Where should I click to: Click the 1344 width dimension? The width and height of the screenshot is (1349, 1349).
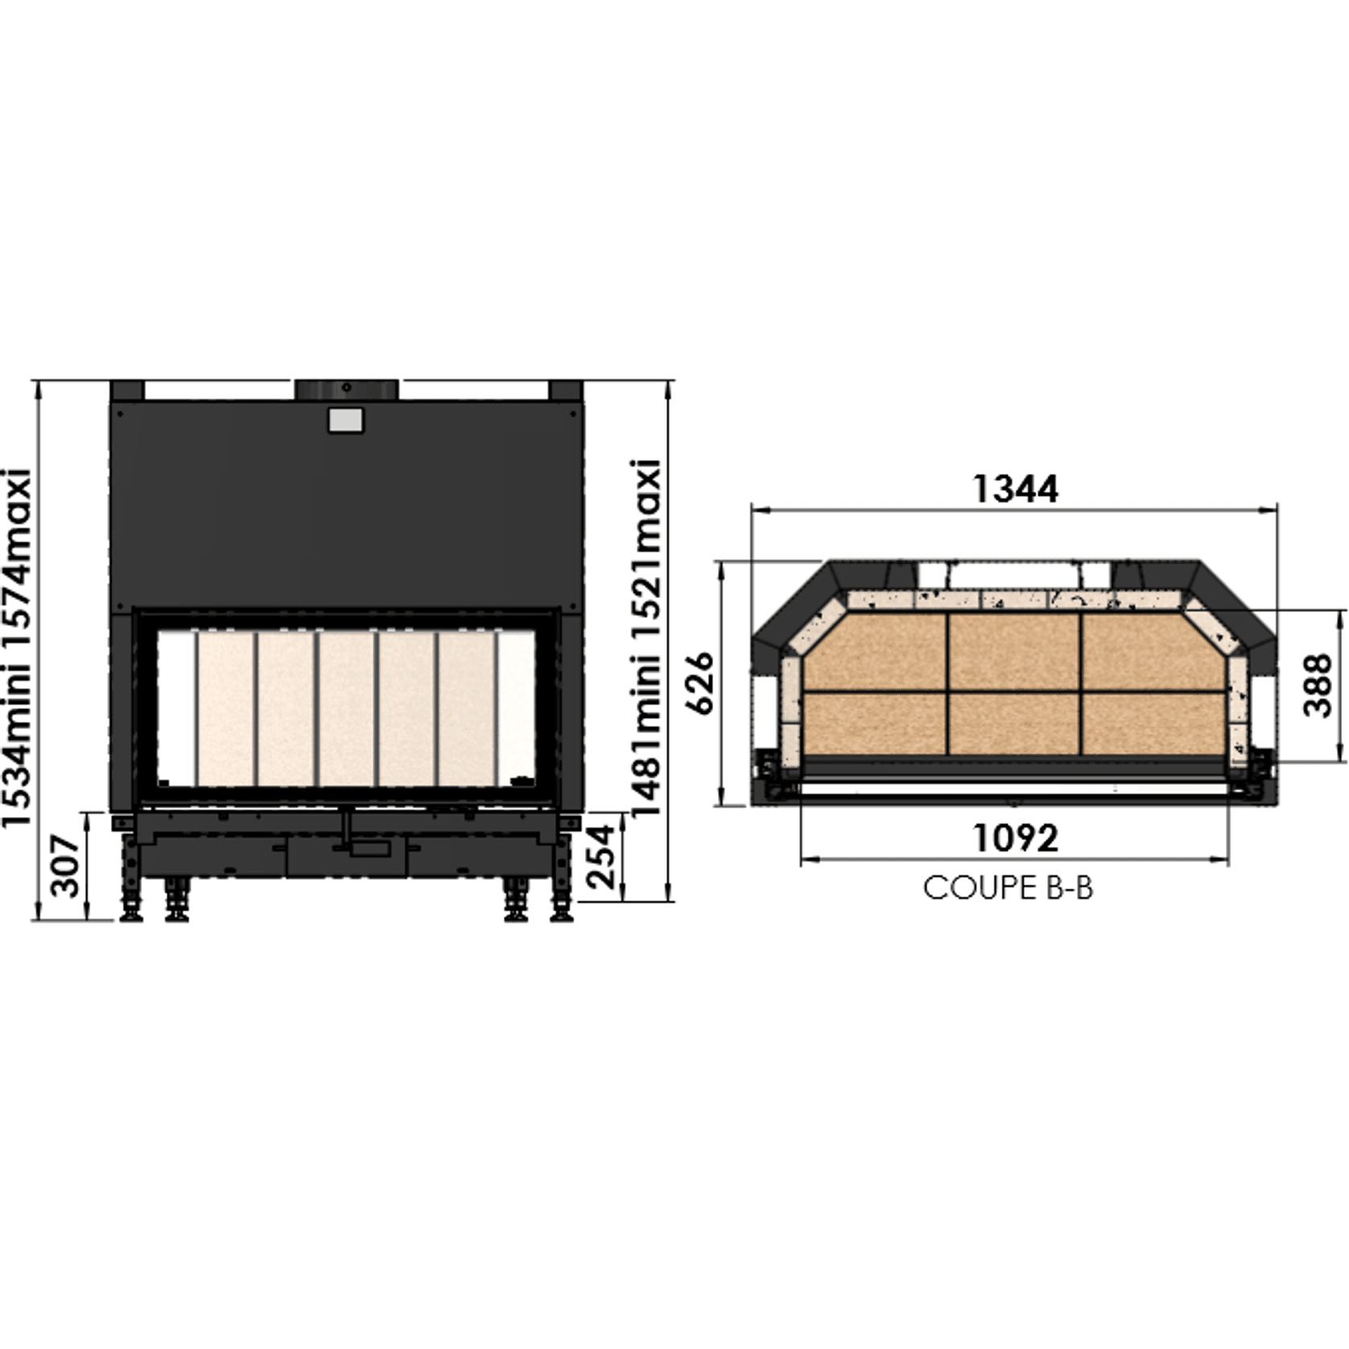pos(1015,489)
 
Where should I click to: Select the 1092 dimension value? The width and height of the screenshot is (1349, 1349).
pos(1015,838)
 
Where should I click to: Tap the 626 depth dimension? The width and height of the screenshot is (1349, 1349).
pos(701,683)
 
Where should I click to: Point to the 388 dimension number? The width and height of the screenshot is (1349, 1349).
pos(1318,685)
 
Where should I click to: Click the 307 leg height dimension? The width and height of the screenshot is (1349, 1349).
pos(66,866)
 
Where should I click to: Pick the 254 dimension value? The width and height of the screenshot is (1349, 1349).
pos(603,857)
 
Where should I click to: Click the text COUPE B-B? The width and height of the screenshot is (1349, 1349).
pos(1008,889)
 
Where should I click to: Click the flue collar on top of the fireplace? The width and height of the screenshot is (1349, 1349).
pos(346,390)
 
